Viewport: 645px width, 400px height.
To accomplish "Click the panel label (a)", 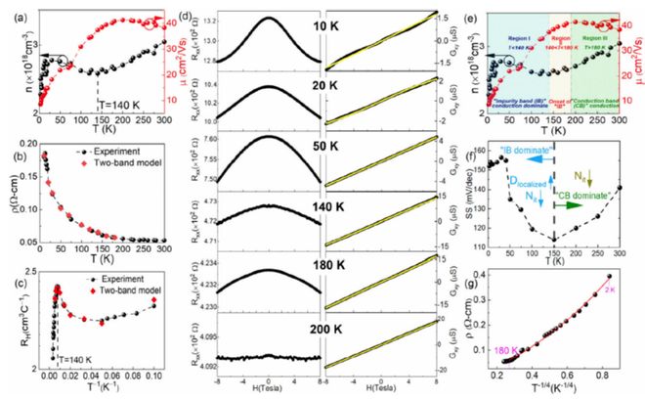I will [x=13, y=15].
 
